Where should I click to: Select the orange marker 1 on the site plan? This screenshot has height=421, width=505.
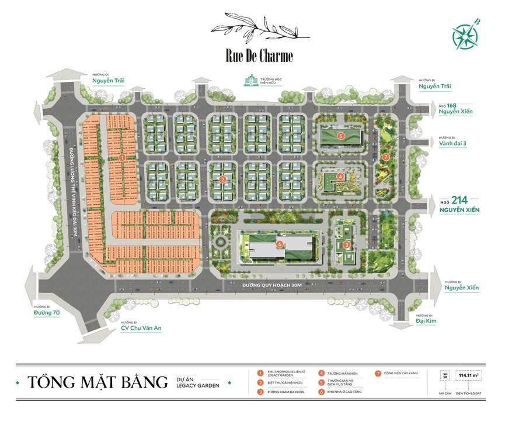point(122,157)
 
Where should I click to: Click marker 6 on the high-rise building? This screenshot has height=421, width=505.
point(280,244)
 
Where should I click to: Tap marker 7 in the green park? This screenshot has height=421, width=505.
point(385,157)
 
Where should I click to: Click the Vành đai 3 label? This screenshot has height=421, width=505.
point(447,141)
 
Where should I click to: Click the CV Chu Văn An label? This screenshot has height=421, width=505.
point(141,328)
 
